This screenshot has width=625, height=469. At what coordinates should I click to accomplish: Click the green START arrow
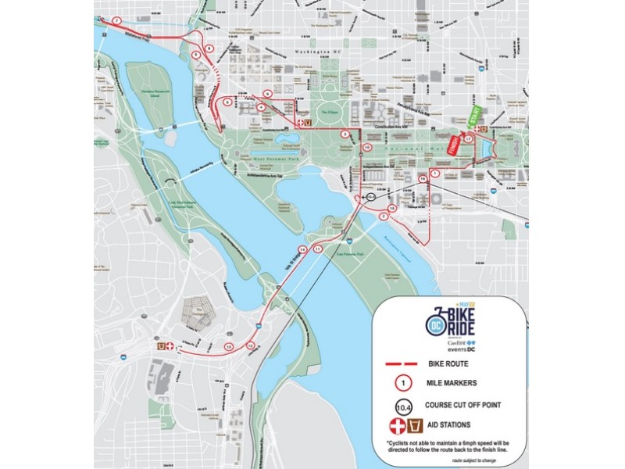point(473,118)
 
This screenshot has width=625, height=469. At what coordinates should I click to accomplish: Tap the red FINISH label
point(451,147)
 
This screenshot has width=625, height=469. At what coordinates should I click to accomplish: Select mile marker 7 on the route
point(116,20)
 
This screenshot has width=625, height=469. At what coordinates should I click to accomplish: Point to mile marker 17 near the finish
point(467,138)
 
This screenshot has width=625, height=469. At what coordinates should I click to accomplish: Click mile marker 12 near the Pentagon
point(229,345)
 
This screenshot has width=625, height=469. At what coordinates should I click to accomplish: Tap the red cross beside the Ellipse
point(298,123)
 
